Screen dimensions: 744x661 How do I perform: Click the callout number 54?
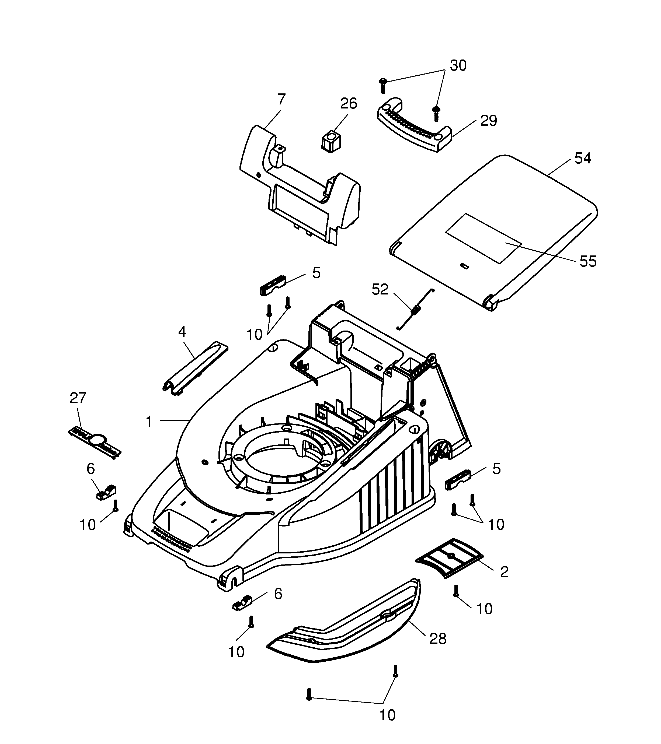pos(582,158)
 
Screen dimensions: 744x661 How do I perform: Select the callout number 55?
pos(588,261)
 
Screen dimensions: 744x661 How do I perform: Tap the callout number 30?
pos(458,65)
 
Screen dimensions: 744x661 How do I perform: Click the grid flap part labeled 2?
pos(449,558)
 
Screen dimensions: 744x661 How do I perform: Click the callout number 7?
pos(281,99)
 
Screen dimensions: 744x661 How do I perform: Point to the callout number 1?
pos(149,422)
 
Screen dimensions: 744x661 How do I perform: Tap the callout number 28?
pos(438,639)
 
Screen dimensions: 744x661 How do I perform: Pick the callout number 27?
pos(78,398)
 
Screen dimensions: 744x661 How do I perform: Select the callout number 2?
pos(504,572)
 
